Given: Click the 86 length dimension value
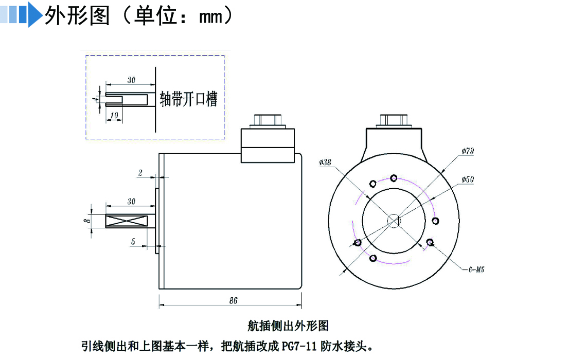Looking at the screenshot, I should pyautogui.click(x=233, y=301).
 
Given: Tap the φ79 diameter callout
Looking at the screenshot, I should pyautogui.click(x=468, y=151).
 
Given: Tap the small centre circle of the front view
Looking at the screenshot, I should pyautogui.click(x=394, y=221).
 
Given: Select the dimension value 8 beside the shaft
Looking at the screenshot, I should pyautogui.click(x=87, y=221).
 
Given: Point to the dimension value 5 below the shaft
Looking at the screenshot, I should pyautogui.click(x=133, y=241).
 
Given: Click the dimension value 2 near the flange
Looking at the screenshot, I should pyautogui.click(x=140, y=173).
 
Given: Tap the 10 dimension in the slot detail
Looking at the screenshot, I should pyautogui.click(x=114, y=114).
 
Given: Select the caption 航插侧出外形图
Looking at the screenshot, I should pyautogui.click(x=288, y=326).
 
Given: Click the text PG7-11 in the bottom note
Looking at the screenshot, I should pyautogui.click(x=298, y=345).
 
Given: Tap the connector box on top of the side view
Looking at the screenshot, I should pyautogui.click(x=268, y=145).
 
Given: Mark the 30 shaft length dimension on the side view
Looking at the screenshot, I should pyautogui.click(x=131, y=202).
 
